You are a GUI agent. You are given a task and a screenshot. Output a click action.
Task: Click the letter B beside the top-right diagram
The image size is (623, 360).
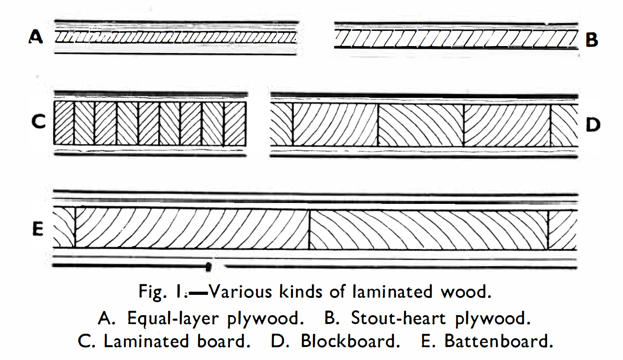tap(592, 40)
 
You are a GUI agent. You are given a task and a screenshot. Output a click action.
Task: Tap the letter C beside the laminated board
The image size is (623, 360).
tap(38, 123)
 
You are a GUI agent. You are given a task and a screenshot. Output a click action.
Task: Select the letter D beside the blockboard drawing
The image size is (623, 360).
tap(593, 125)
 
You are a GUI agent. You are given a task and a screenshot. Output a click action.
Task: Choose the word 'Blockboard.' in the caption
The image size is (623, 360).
tap(350, 341)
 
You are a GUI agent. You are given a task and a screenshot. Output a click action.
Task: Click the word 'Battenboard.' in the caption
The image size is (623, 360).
tap(498, 341)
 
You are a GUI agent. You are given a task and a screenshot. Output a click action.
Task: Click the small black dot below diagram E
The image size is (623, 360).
tap(209, 265)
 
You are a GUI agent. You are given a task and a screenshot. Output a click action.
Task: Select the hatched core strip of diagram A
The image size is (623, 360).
tap(176, 38)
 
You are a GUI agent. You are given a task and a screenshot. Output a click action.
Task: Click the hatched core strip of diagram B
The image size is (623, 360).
tap(455, 40)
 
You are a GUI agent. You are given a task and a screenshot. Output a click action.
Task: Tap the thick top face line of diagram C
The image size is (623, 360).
tap(150, 94)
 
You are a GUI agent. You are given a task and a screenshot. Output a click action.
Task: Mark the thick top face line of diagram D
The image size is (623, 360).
tap(424, 95)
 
